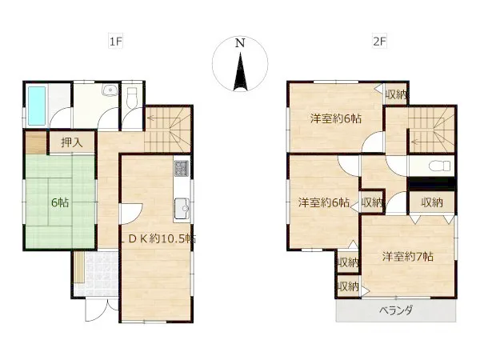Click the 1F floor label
116,41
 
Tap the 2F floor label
379,41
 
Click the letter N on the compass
240,43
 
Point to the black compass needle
240,72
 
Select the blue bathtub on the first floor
37,106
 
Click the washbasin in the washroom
110,90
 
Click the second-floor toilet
439,166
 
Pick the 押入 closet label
72,142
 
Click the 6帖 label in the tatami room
60,202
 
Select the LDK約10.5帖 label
158,238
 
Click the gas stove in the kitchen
182,169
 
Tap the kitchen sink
182,209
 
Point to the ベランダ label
396,310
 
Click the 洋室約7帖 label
408,257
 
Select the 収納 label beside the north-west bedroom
397,95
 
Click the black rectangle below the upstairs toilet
432,184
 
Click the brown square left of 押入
36,142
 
